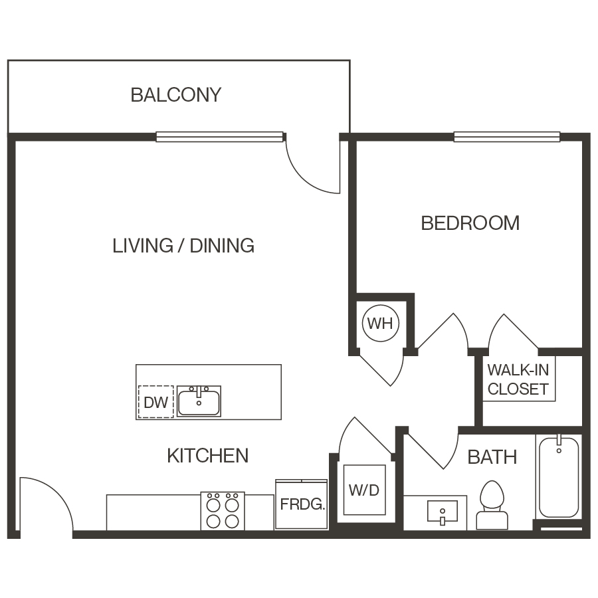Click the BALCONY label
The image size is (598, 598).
pos(175,95)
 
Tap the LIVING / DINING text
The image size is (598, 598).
pos(183,246)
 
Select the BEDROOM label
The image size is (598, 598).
pos(470,223)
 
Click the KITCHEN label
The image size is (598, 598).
pos(207,456)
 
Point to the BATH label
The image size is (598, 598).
pos(492,457)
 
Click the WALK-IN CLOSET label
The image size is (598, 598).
pos(518,379)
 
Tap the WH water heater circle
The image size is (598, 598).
pos(380,324)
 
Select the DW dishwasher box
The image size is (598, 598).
pos(155,402)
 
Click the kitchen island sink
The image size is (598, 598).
pos(199,401)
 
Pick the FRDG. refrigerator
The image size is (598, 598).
pos(302,504)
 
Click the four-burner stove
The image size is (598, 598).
pos(223,510)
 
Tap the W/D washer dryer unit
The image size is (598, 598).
pos(363,491)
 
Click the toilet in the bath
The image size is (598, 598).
pos(492,505)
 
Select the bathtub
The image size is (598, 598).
pos(558,476)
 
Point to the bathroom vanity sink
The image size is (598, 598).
pos(442,513)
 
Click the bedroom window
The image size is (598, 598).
pos(506,137)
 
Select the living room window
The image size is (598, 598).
pos(219,137)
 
